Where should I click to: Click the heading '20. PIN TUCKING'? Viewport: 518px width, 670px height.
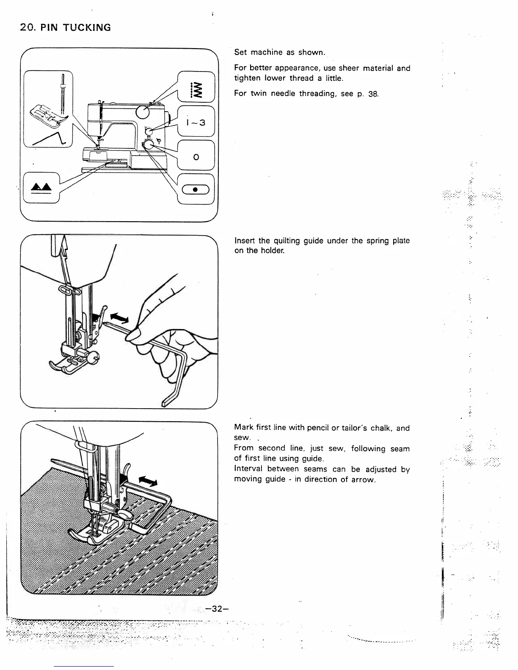tap(66, 28)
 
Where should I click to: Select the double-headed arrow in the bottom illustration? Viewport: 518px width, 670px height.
tap(148, 481)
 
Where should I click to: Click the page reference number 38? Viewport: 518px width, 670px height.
tap(373, 94)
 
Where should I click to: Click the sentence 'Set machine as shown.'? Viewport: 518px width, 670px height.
tap(280, 52)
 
